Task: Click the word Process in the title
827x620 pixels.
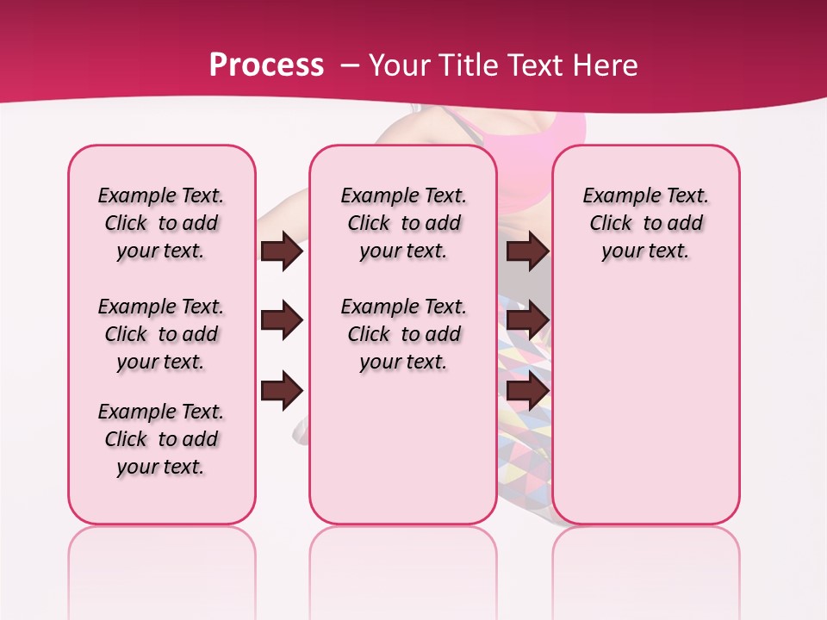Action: tap(266, 65)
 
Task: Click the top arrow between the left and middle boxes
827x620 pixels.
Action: tap(282, 251)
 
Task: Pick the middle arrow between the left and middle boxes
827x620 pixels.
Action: tap(282, 320)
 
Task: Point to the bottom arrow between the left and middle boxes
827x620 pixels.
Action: tap(282, 391)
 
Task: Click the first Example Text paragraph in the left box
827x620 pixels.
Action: tap(161, 223)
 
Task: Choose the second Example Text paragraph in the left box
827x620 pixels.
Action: tap(161, 334)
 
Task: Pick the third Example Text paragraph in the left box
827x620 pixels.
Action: tap(161, 439)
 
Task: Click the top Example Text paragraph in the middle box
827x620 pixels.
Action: tap(403, 223)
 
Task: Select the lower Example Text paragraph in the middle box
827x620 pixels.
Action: tap(403, 334)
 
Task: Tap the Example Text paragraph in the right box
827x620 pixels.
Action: tap(645, 223)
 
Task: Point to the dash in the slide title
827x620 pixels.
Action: tap(350, 65)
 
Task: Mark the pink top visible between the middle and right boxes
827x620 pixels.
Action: tap(525, 138)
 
